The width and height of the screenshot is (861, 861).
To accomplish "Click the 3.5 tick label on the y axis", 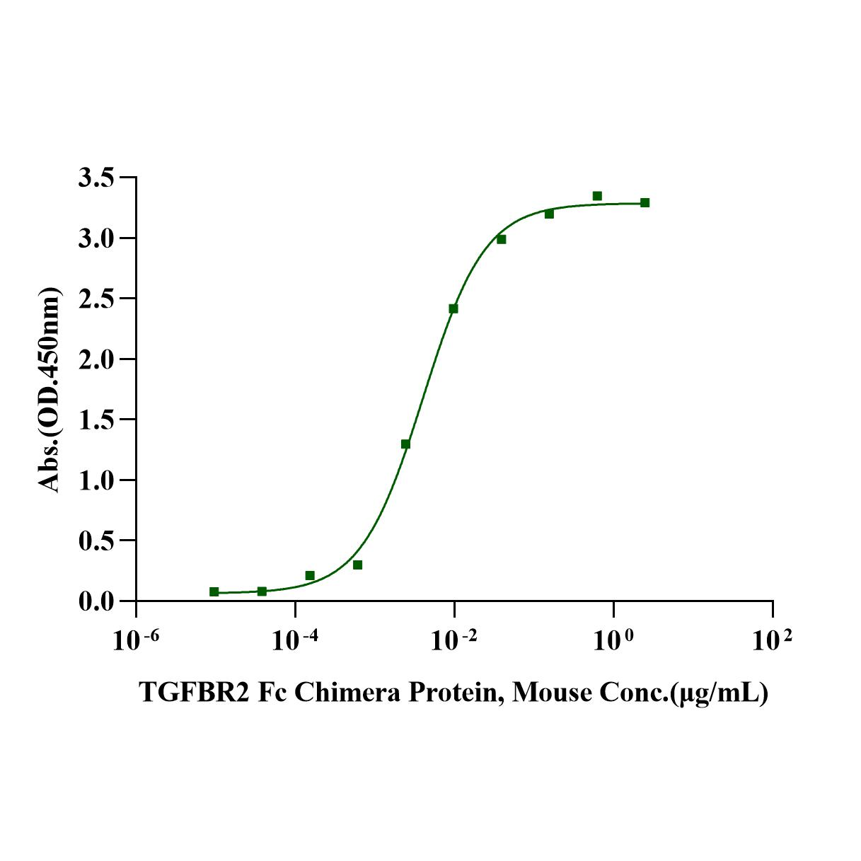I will [96, 178].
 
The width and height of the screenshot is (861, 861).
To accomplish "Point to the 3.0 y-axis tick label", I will [96, 238].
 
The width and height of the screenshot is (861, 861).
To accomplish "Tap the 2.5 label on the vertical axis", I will [96, 299].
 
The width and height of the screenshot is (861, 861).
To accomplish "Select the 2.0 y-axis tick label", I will [96, 359].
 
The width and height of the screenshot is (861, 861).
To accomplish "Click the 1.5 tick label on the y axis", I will [96, 420].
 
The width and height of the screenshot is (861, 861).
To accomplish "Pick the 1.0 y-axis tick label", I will [96, 480].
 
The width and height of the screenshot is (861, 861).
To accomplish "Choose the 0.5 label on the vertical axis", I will [96, 541].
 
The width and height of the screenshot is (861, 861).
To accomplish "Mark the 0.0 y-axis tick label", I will [96, 601].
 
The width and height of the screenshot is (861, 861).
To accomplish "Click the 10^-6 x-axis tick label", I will [136, 640].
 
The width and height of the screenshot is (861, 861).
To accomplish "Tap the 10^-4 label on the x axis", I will [295, 640].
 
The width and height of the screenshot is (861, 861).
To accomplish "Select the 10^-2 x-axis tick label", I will [454, 640].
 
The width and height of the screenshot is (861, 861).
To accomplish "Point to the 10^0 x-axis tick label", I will [613, 640].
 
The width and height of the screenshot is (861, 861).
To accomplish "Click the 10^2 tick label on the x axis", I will [772, 640].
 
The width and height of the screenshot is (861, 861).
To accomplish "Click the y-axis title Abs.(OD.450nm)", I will [49, 390].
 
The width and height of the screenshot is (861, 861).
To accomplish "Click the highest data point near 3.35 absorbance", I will [597, 196].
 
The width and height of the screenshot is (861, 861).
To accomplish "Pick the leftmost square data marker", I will [214, 591].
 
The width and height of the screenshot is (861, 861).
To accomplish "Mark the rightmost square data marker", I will [645, 203].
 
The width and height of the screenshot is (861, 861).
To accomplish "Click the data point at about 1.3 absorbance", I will [405, 444].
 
